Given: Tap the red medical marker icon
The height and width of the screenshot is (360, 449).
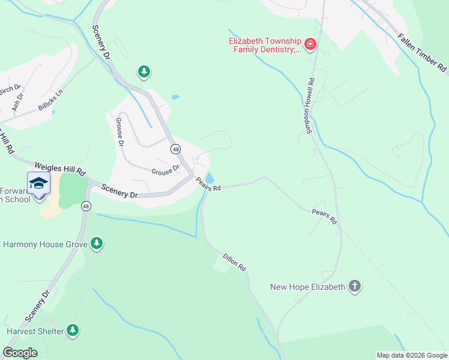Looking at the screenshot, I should pyautogui.click(x=310, y=44).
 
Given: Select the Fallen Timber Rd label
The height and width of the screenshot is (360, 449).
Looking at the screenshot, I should pyautogui.click(x=422, y=53).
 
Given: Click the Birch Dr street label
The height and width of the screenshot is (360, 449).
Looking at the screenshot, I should pyautogui.click(x=10, y=89).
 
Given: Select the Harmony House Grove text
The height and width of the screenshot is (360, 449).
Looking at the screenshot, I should pyautogui.click(x=45, y=244).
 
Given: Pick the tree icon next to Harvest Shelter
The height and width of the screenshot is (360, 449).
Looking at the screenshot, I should pyautogui.click(x=73, y=330).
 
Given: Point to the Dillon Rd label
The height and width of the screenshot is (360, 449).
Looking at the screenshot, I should pyautogui.click(x=235, y=261).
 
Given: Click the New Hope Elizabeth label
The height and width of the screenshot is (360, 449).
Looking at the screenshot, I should pyautogui.click(x=308, y=287).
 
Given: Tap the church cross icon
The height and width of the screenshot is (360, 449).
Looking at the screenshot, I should pyautogui.click(x=355, y=286).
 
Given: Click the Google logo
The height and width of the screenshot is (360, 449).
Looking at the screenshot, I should pyautogui.click(x=20, y=353).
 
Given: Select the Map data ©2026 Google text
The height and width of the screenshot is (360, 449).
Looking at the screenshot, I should pyautogui.click(x=411, y=355).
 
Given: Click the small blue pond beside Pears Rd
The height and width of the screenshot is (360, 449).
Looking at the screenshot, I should pyautogui.click(x=210, y=178).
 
